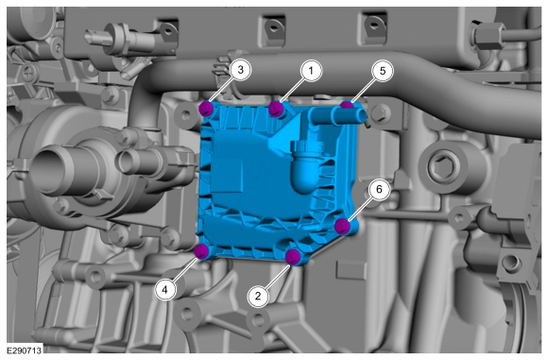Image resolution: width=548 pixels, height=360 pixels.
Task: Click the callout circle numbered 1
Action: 311,71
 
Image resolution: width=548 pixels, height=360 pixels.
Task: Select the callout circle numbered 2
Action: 258,297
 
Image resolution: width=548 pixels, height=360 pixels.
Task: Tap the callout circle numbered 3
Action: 240,70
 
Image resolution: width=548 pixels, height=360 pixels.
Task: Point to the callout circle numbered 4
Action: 165,290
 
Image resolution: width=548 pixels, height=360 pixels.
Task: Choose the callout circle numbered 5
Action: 383,71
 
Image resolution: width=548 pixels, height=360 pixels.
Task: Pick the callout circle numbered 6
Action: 379,189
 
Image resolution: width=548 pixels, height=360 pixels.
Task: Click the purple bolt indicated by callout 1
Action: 277,109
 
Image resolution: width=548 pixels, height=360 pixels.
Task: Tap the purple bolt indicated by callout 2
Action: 293,257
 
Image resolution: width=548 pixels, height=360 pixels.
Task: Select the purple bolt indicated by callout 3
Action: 206,109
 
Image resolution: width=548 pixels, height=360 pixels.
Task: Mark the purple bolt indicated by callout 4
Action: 202,251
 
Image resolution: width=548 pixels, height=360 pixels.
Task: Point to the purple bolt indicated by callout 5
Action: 347,105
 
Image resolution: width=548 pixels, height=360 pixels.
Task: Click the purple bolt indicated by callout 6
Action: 342,226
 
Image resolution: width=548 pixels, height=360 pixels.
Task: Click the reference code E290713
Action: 25,351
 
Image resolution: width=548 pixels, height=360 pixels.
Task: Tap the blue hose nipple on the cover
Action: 338,115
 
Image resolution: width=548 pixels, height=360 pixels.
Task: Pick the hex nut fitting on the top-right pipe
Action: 488,36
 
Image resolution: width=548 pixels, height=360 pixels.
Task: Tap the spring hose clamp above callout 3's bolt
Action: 224,70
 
